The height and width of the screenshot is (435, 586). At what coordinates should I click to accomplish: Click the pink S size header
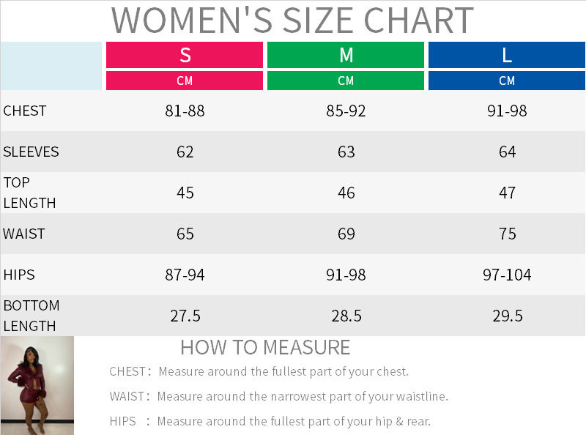[185, 55]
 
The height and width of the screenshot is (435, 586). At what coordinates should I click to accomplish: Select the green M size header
[346, 55]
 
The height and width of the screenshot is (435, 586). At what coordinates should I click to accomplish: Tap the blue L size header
[507, 55]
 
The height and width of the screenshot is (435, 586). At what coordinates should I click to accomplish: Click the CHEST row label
[25, 111]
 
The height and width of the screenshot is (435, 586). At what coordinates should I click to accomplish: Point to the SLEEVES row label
[31, 152]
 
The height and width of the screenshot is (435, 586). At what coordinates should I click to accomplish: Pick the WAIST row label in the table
[24, 234]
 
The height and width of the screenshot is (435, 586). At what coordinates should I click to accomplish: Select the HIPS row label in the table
[19, 275]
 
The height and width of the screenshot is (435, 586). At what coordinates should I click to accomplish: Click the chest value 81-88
[185, 111]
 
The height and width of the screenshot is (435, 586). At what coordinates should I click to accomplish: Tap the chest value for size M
[346, 111]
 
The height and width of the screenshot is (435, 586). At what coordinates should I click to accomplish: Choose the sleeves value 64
[507, 152]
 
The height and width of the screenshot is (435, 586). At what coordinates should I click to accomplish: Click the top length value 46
[346, 193]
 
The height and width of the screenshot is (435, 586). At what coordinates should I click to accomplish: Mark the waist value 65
[185, 234]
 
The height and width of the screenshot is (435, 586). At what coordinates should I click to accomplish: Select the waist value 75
[507, 234]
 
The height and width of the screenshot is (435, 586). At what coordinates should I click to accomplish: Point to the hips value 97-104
[507, 275]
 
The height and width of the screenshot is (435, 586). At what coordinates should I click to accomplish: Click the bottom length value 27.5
[185, 316]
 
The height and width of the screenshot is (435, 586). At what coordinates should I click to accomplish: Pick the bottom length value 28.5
[346, 316]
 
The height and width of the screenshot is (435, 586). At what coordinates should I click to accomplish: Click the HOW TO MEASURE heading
[265, 346]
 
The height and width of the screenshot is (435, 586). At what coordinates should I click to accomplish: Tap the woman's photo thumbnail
[37, 385]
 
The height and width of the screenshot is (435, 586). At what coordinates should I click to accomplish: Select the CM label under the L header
[507, 81]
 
